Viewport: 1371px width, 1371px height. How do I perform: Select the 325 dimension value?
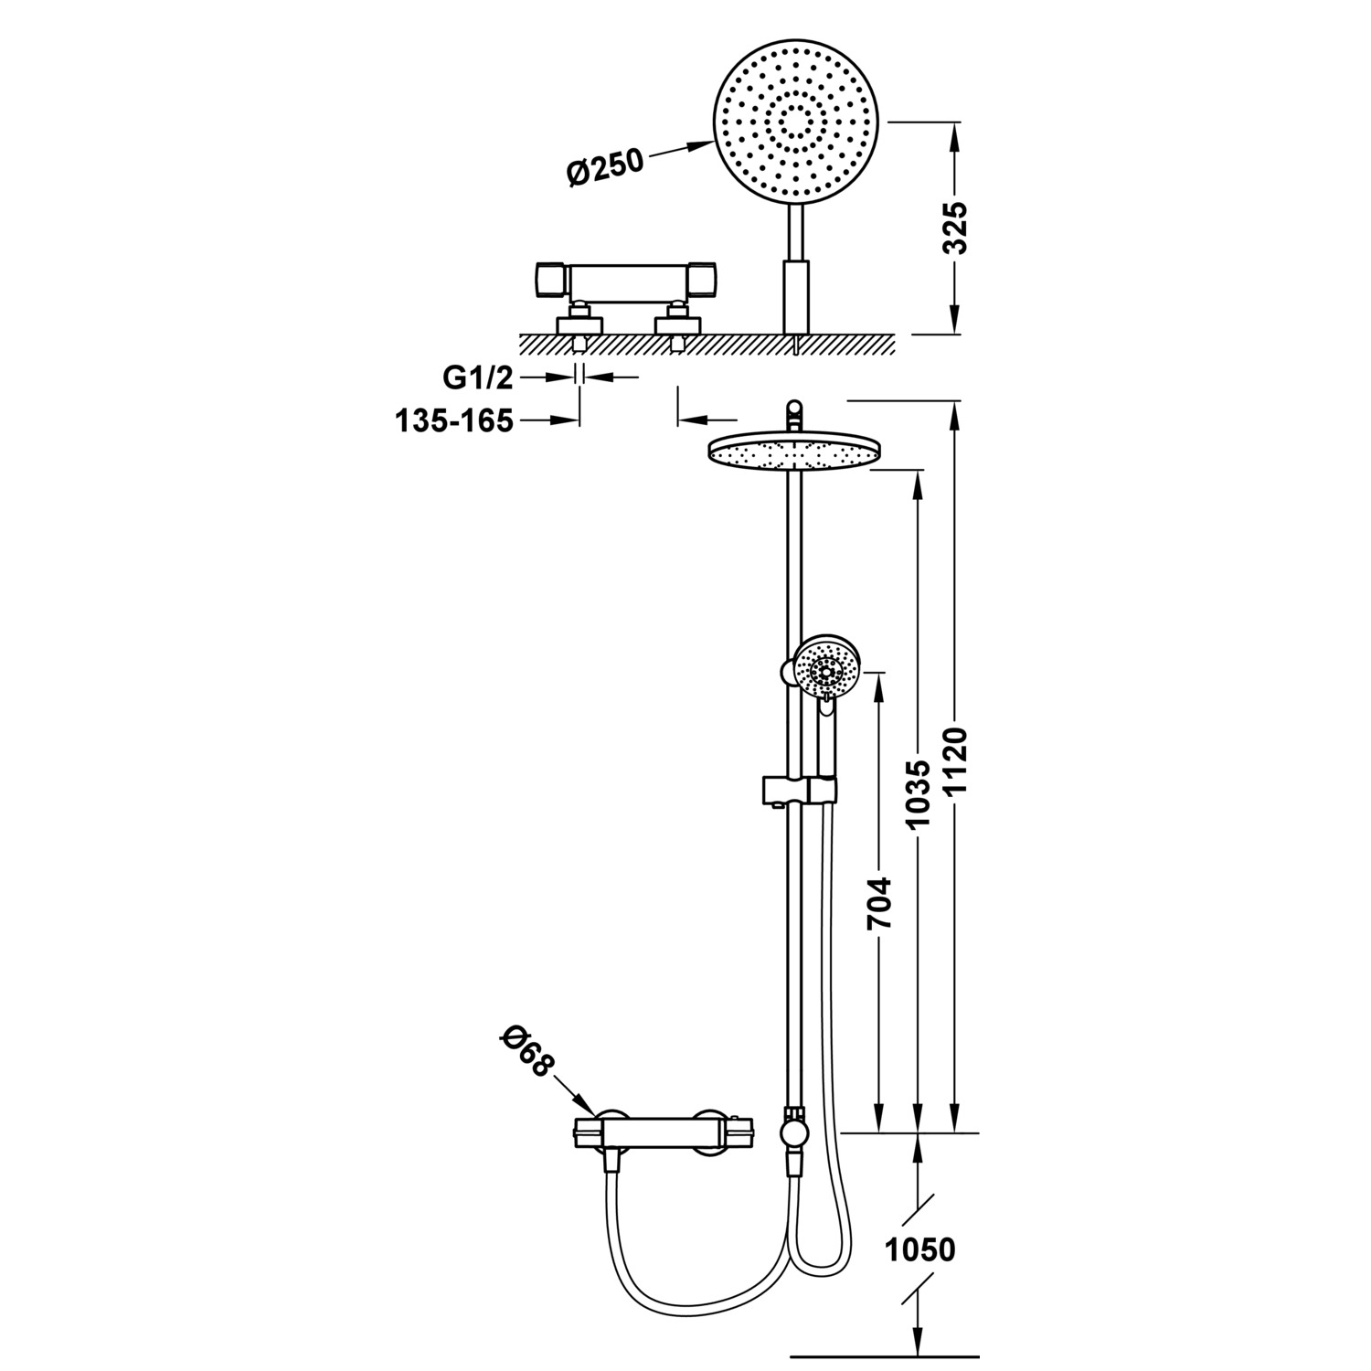954,228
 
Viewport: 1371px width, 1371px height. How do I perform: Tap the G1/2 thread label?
478,377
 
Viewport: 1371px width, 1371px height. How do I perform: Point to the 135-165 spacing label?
454,420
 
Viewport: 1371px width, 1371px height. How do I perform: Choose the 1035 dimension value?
918,794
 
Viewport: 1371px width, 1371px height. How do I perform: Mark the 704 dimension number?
879,903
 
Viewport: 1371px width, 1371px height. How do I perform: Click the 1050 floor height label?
919,1249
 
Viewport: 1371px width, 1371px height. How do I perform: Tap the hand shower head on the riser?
827,672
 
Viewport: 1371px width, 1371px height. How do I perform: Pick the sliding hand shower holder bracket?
798,791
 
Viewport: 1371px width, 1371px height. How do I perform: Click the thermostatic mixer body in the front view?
663,1134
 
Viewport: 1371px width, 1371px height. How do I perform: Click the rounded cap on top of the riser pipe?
794,409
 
